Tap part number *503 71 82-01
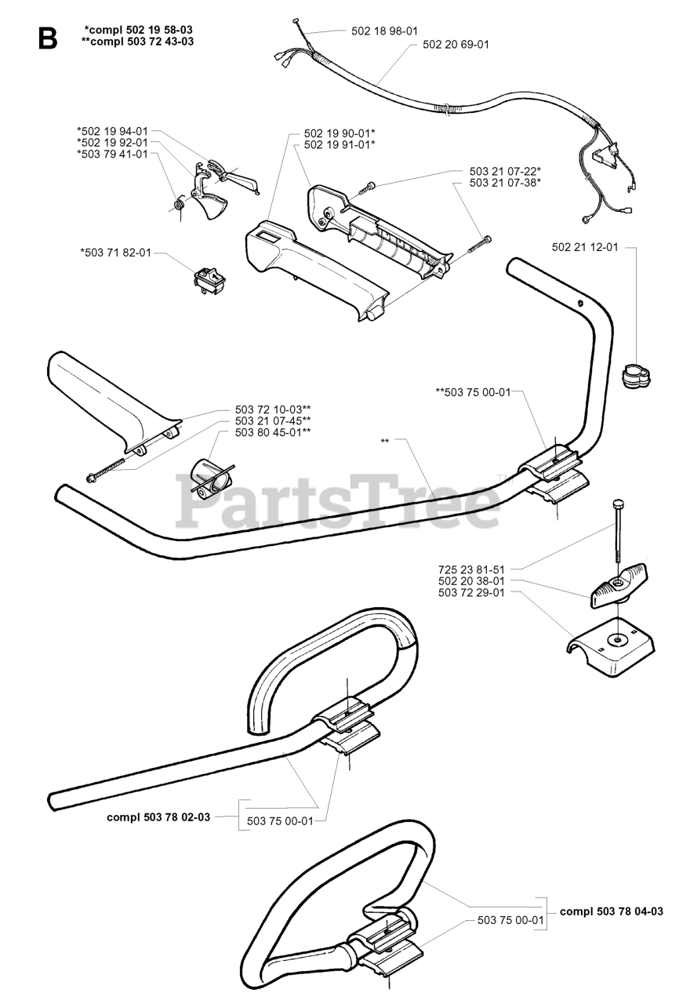[x=115, y=253]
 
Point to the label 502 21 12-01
[x=585, y=247]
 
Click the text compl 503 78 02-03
[x=158, y=817]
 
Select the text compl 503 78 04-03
[x=612, y=911]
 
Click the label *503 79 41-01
[x=112, y=154]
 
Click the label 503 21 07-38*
[x=505, y=182]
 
